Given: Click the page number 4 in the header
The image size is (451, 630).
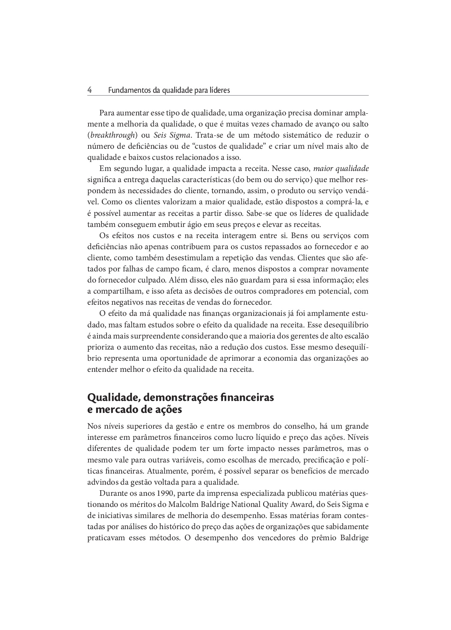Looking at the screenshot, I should click(x=90, y=90).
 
